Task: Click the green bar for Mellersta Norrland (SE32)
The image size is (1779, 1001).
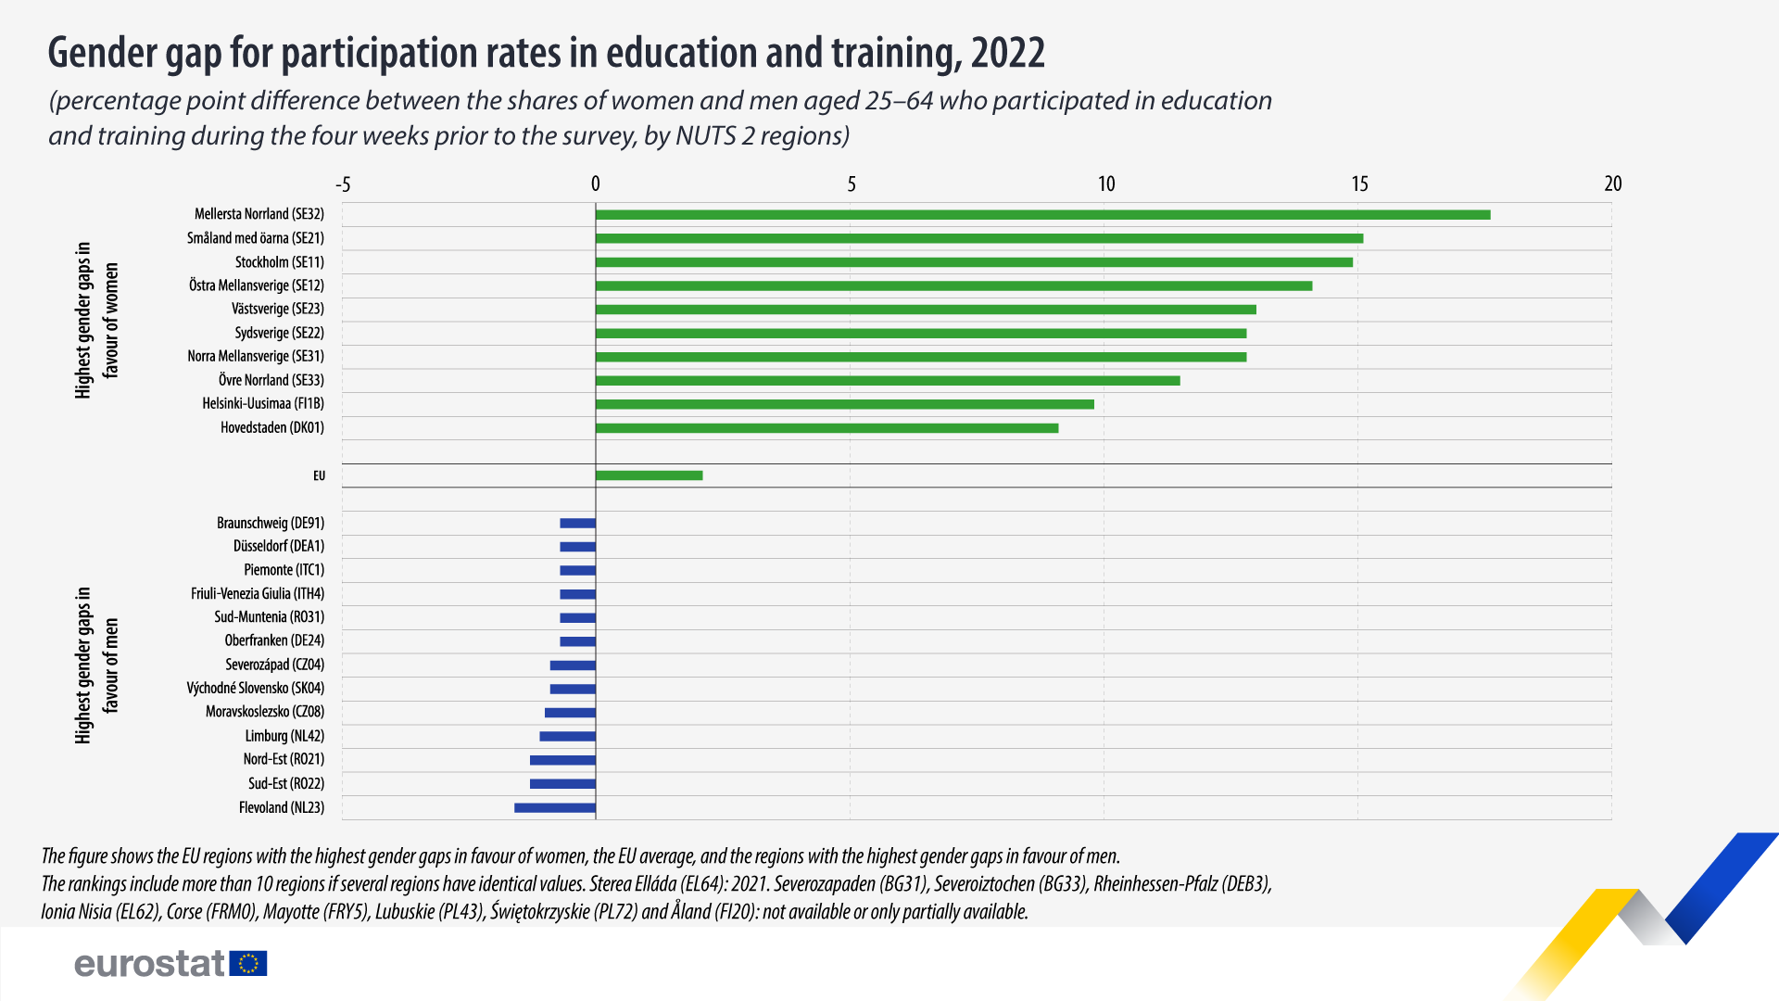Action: (x=1042, y=215)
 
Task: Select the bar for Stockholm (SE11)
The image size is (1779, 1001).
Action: (x=974, y=262)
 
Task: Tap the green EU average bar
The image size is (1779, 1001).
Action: (x=649, y=475)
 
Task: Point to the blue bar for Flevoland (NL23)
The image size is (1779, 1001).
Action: (x=555, y=808)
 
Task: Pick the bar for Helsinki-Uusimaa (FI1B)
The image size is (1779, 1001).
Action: (x=844, y=404)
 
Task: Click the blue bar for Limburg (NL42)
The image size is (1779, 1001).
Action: (x=567, y=737)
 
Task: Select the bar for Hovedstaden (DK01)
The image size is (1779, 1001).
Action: (x=826, y=428)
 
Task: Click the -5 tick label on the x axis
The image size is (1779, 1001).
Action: (x=343, y=184)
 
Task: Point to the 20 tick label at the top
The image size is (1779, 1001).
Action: (x=1612, y=184)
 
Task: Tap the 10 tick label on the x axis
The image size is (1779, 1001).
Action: (x=1106, y=184)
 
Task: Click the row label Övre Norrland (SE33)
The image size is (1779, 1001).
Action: (x=271, y=380)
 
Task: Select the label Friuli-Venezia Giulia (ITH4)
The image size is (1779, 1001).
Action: (x=258, y=594)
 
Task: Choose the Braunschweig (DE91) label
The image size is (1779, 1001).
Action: (x=271, y=524)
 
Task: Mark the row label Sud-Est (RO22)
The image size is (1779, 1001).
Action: (x=286, y=784)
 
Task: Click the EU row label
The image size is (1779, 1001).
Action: (x=319, y=475)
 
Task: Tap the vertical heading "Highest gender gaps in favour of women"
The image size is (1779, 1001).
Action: (x=97, y=321)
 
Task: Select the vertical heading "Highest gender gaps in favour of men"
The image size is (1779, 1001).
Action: (x=97, y=665)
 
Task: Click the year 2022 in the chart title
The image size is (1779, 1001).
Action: (x=1008, y=54)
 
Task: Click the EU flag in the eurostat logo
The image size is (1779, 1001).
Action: (x=248, y=964)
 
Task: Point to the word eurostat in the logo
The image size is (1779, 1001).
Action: (x=149, y=964)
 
